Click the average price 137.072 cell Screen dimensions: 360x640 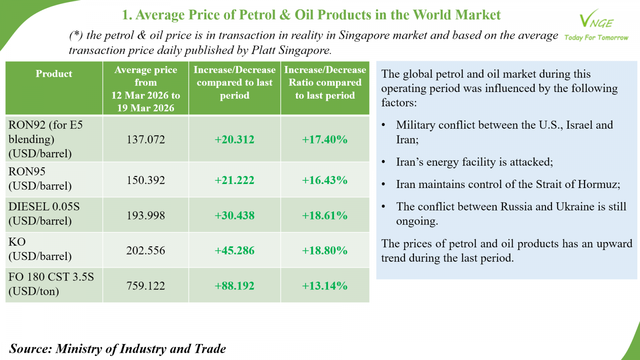coord(146,140)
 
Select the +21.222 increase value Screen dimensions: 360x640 coord(234,180)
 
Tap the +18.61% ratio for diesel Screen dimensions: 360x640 coord(324,216)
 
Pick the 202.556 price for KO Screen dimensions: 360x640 coord(146,251)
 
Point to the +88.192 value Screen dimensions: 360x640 coord(234,286)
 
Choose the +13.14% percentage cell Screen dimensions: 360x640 coord(324,286)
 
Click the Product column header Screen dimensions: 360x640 coord(54,74)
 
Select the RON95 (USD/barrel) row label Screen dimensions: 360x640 coord(40,179)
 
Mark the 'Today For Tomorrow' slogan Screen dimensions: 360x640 coord(596,38)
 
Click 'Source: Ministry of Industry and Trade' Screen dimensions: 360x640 coord(118,349)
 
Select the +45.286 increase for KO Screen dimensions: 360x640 coord(234,251)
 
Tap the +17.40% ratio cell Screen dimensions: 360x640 coord(324,140)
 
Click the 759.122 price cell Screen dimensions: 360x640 coord(146,286)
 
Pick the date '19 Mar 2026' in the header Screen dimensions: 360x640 coord(146,108)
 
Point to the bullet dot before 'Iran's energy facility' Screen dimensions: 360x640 coord(383,162)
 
